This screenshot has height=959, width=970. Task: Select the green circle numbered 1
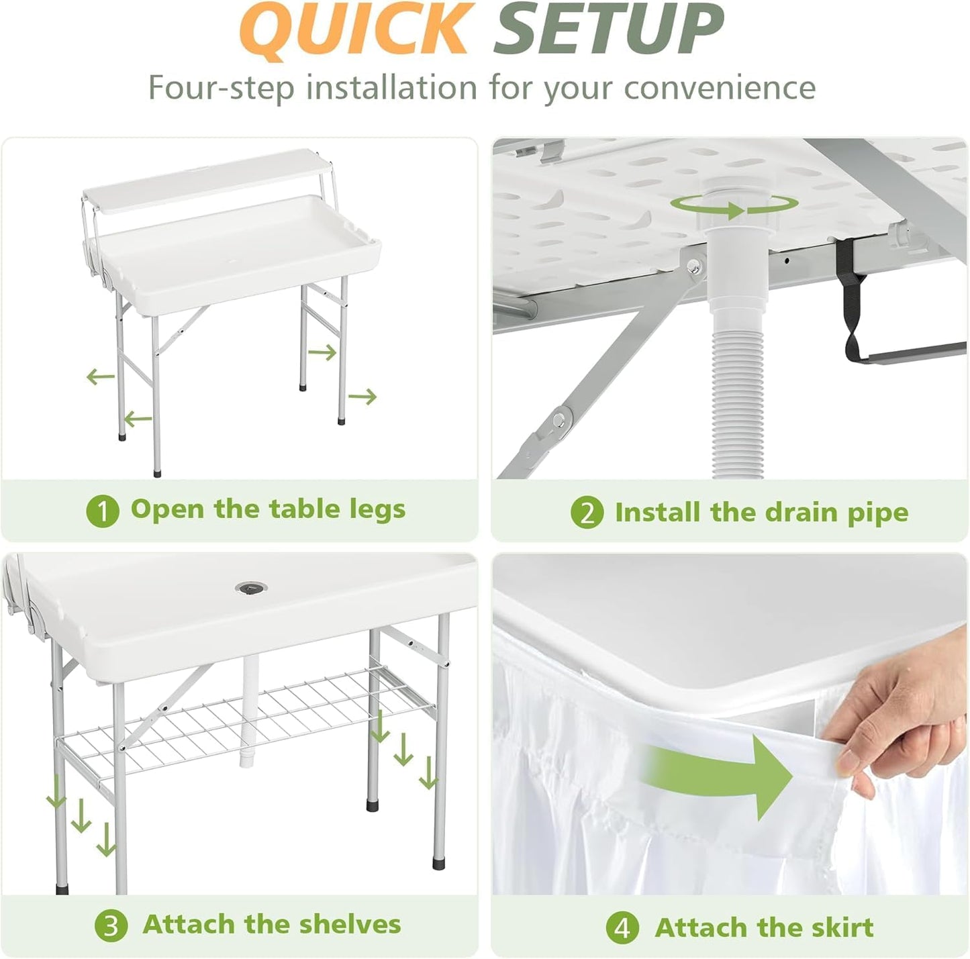point(103,511)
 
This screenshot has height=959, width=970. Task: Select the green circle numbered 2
point(587,513)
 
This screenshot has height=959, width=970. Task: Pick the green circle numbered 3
point(111,926)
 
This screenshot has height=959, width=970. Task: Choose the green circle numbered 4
point(622,929)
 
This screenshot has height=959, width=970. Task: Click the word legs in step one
point(377,510)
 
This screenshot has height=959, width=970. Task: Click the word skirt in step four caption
point(842,927)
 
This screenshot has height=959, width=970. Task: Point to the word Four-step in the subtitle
point(221,88)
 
